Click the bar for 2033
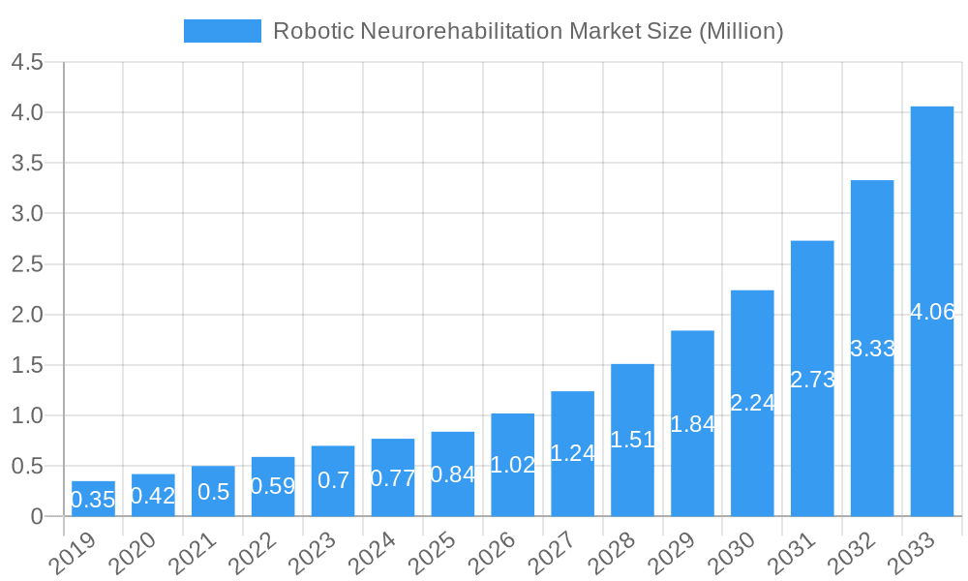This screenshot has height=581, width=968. pos(932,311)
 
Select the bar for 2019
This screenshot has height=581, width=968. pos(93,499)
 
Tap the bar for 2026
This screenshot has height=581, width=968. pos(513,465)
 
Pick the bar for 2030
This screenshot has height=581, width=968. pos(752,403)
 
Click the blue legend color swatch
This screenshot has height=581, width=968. pos(222,31)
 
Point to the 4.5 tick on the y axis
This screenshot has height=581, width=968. pos(27,62)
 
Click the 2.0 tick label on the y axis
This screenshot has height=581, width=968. pos(27,315)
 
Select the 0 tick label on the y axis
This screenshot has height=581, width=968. pos(37,517)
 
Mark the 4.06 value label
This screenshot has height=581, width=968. pos(933,312)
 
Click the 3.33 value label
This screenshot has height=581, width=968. pos(872,349)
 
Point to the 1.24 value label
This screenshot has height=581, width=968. pos(572,452)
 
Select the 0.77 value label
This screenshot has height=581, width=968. pos(393,477)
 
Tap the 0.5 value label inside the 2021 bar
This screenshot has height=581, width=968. pos(213,491)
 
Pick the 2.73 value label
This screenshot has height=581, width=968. pos(812,380)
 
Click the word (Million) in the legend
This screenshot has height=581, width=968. pos(739,31)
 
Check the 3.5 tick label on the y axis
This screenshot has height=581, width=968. pos(27,163)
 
